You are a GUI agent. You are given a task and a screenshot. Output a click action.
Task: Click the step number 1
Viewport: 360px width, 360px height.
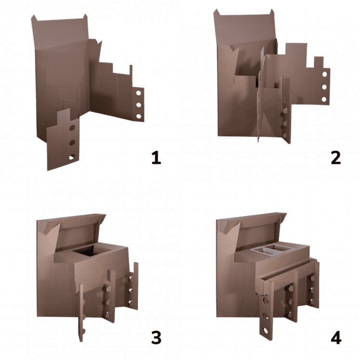click(x=156, y=158)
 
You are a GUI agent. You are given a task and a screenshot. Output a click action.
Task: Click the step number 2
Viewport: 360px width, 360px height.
click(x=336, y=158)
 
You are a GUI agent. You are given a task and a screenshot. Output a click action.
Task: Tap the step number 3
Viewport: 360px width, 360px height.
click(x=156, y=338)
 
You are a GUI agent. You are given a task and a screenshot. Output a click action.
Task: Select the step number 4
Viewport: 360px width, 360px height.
click(x=336, y=338)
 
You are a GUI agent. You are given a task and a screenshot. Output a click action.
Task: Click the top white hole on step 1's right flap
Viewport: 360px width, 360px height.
click(x=138, y=93)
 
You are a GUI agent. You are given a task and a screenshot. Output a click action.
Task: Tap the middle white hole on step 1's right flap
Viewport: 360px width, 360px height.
click(x=138, y=105)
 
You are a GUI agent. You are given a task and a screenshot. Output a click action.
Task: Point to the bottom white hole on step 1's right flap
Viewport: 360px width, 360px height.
click(x=138, y=116)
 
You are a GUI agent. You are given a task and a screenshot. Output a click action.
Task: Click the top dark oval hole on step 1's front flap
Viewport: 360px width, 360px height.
click(x=72, y=128)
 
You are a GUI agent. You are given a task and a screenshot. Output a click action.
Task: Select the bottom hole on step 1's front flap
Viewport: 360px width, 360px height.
click(x=72, y=157)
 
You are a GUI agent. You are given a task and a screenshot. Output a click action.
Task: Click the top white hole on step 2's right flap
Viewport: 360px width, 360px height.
click(x=324, y=74)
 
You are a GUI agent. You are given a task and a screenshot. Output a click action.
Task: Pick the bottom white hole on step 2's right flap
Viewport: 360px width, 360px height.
click(x=324, y=99)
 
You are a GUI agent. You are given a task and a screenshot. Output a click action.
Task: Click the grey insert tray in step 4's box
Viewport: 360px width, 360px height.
click(x=270, y=249)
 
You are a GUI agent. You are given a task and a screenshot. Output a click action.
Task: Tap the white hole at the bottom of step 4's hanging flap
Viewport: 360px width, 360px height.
click(x=266, y=331)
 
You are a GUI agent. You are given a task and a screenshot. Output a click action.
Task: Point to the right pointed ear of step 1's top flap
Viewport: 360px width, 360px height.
click(x=85, y=16)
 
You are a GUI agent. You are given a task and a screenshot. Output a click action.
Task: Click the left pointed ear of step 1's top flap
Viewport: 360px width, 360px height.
click(x=34, y=18)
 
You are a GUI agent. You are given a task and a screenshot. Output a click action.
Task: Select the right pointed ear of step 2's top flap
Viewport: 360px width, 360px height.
click(x=272, y=13)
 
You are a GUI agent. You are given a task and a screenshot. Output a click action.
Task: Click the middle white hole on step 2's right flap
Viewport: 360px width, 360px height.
click(x=324, y=87)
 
